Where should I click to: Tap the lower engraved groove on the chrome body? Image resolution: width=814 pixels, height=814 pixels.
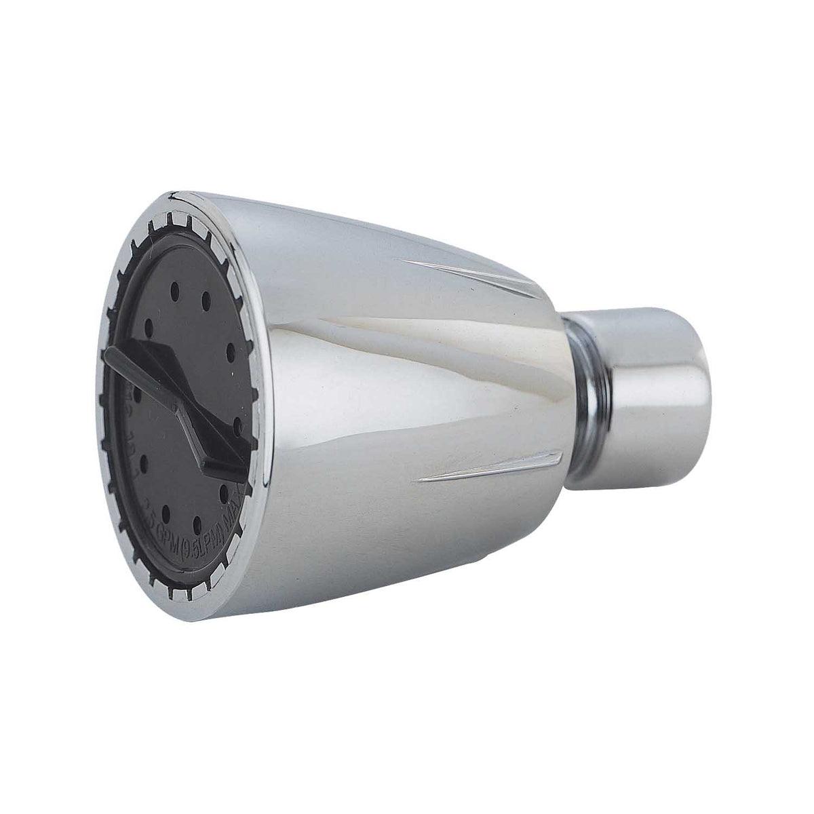pos(488,468)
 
